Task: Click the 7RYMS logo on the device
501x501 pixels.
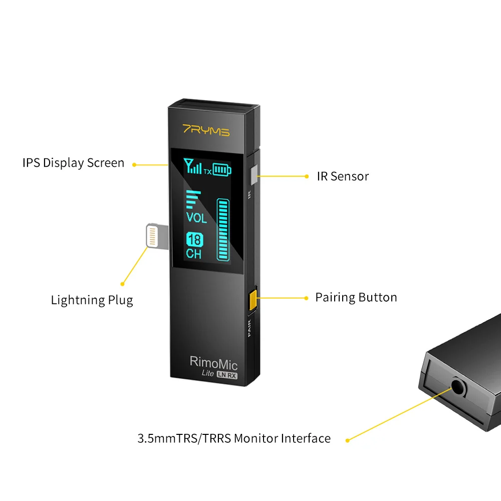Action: (206, 132)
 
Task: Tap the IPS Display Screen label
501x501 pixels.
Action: (73, 163)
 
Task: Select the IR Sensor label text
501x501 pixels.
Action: (343, 176)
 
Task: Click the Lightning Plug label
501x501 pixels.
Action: (92, 300)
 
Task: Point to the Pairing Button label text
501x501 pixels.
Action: (356, 298)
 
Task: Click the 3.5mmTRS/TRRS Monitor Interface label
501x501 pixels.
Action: (234, 438)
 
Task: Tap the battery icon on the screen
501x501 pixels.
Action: (222, 170)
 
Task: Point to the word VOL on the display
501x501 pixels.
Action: (196, 218)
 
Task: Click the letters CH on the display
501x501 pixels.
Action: (194, 254)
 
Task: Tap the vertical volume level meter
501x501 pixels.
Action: (223, 229)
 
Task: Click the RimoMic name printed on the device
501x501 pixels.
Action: (213, 362)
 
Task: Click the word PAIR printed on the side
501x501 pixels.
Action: (250, 330)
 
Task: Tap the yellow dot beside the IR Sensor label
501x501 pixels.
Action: (307, 176)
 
